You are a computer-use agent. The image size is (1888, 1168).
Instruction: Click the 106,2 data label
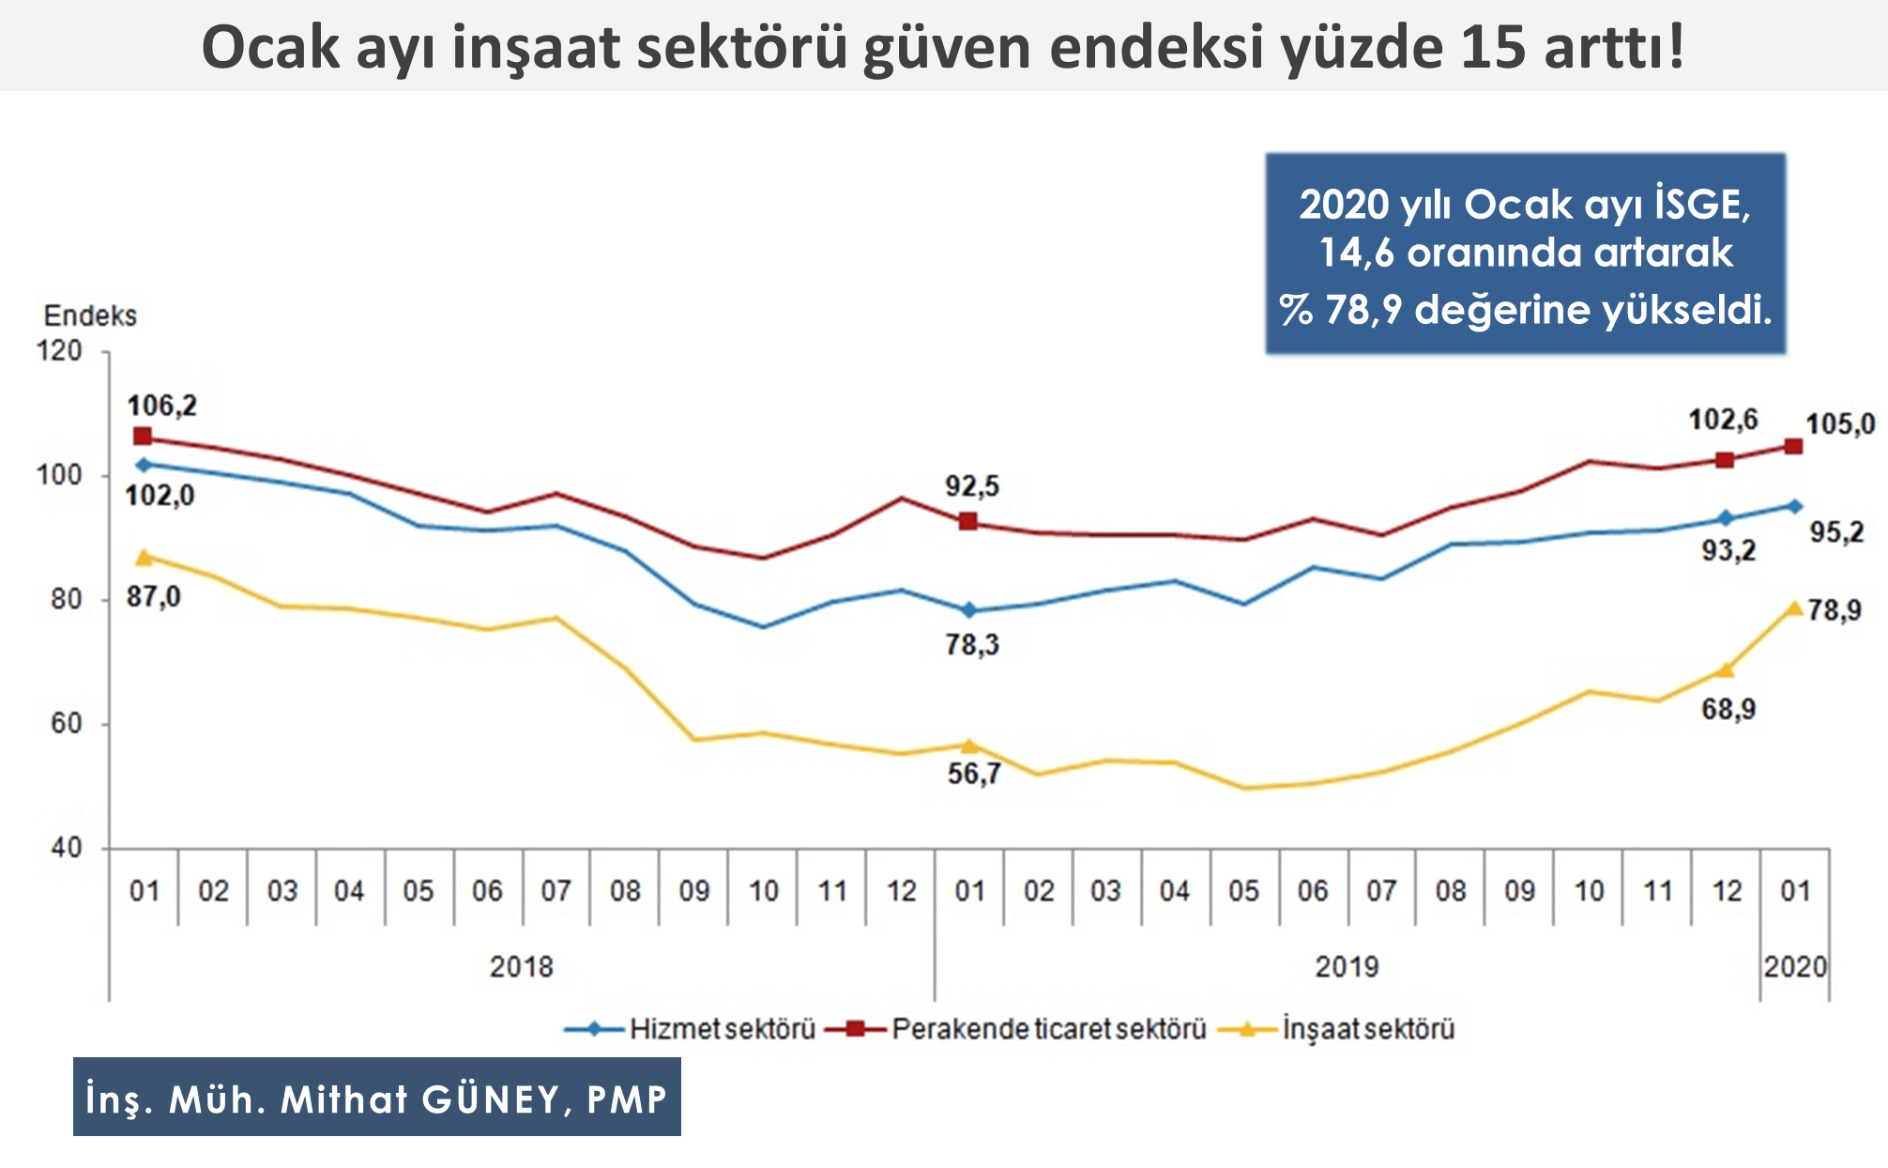162,406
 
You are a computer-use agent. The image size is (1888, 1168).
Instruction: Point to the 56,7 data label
974,774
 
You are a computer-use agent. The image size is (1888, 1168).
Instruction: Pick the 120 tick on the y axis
59,351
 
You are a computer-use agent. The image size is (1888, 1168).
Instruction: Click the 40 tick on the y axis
66,848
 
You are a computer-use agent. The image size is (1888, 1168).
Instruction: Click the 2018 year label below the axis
522,966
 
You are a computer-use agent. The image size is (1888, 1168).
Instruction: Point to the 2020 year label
1794,966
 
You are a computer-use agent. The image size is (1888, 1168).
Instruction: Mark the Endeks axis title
90,315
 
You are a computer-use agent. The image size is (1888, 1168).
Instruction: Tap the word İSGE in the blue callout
1701,205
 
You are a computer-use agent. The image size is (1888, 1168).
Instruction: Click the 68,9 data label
1728,709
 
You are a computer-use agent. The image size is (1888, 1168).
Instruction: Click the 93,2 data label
1728,550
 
